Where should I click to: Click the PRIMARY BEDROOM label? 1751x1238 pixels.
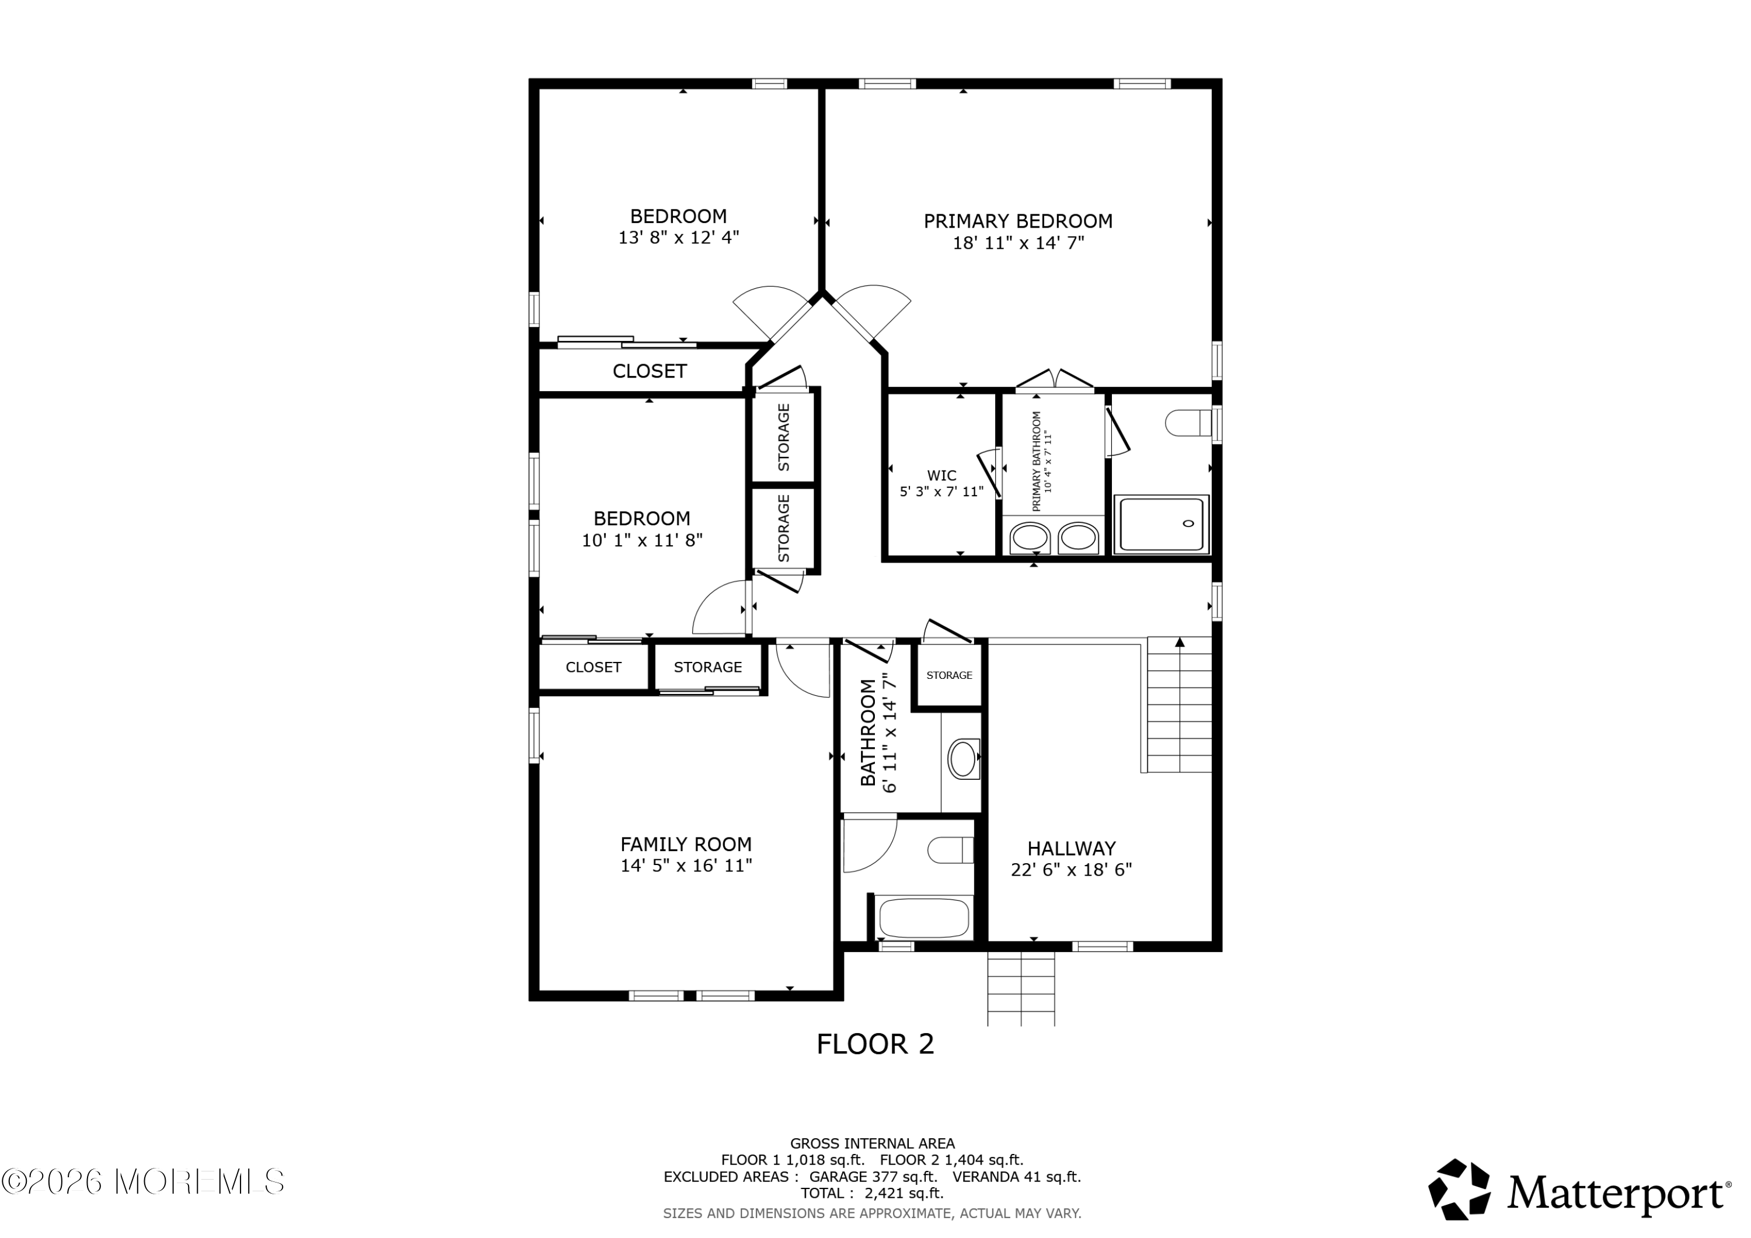1018,221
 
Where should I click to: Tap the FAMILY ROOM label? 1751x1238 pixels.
686,845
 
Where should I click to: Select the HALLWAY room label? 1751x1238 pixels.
1072,848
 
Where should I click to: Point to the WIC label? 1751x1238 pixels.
942,475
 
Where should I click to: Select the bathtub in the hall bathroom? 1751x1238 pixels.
923,917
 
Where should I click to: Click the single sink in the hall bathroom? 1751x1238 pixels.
963,759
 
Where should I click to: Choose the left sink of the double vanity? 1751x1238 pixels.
1030,538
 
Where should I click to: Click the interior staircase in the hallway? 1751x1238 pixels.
1179,705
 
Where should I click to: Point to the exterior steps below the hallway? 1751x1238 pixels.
1021,989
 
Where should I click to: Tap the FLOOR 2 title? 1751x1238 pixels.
875,1044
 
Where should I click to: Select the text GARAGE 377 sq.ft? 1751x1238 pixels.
873,1177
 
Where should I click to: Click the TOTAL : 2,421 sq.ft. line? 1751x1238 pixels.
873,1194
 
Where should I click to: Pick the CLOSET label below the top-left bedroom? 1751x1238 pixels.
650,371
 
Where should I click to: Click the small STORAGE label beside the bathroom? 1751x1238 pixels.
950,675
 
